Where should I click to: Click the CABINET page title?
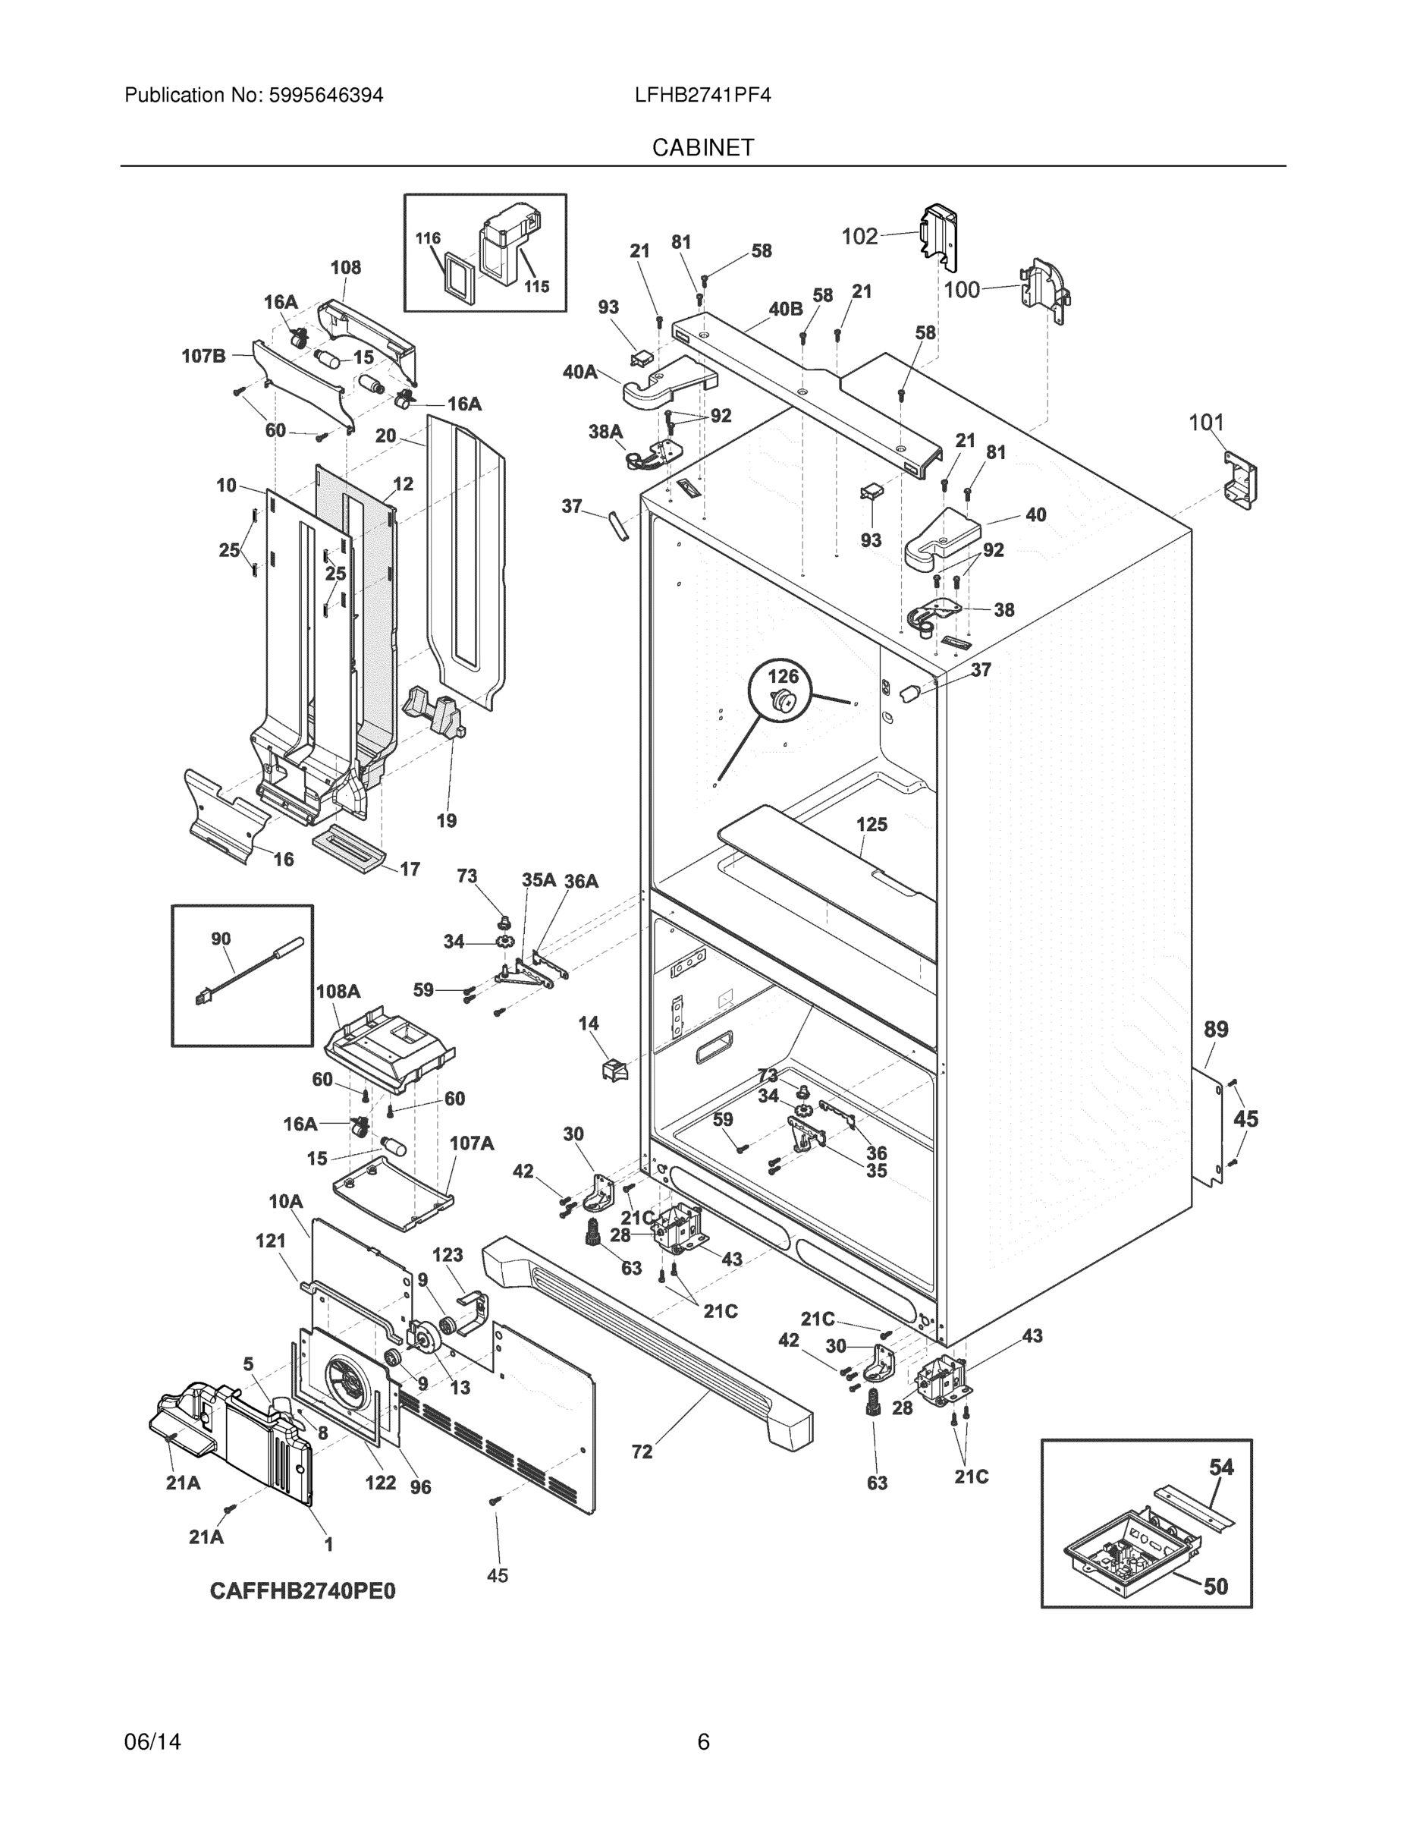(x=702, y=148)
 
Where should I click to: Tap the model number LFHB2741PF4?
(x=702, y=95)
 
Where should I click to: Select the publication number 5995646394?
(x=326, y=95)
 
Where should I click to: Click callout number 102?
(x=859, y=237)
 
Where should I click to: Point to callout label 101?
(x=1205, y=423)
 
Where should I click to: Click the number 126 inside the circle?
(x=783, y=676)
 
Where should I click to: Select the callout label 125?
(x=872, y=824)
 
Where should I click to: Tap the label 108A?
(x=338, y=992)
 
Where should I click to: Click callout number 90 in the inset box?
(x=221, y=939)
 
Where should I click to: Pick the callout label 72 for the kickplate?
(x=642, y=1451)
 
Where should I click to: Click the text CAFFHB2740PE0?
(x=303, y=1591)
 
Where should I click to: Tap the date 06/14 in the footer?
(x=152, y=1742)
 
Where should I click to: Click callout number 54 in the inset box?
(x=1221, y=1467)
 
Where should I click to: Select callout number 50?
(x=1216, y=1586)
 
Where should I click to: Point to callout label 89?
(x=1216, y=1029)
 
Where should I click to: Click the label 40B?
(x=785, y=310)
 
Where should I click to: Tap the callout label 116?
(x=428, y=238)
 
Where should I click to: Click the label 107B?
(x=204, y=356)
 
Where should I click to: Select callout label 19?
(x=447, y=820)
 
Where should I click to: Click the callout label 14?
(x=589, y=1023)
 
